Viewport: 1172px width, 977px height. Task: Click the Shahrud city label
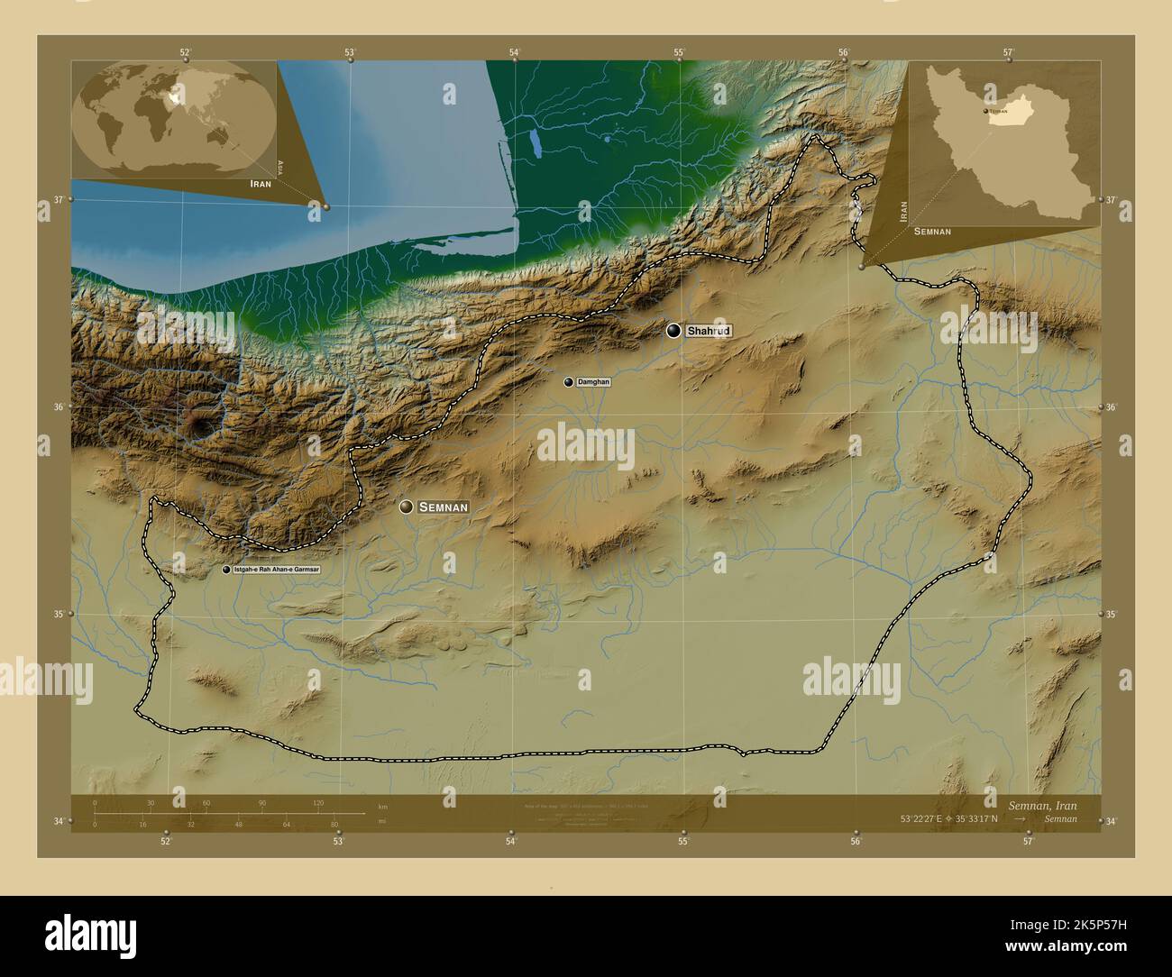pyautogui.click(x=709, y=331)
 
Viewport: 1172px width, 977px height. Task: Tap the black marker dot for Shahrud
pyautogui.click(x=673, y=331)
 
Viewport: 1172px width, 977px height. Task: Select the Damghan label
pyautogui.click(x=593, y=382)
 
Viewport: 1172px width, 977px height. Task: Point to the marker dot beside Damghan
pyautogui.click(x=568, y=382)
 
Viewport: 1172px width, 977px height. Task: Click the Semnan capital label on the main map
pyautogui.click(x=443, y=507)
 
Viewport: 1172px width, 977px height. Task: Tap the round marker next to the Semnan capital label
pyautogui.click(x=407, y=507)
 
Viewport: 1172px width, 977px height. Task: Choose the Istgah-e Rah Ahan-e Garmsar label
pyautogui.click(x=276, y=571)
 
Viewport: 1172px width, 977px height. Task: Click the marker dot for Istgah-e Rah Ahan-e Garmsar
pyautogui.click(x=225, y=571)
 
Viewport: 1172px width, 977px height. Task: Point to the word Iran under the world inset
pyautogui.click(x=261, y=183)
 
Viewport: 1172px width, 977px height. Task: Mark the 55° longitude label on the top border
pyautogui.click(x=679, y=52)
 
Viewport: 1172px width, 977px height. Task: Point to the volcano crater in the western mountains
pyautogui.click(x=196, y=424)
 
